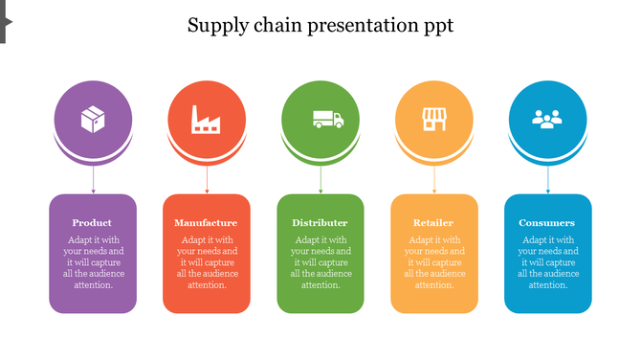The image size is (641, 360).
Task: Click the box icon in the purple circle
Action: coord(93,119)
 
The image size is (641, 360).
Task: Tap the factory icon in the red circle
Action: coord(207,119)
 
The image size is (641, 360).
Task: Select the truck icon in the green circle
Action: coord(327,119)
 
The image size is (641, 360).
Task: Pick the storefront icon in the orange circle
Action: coord(434,119)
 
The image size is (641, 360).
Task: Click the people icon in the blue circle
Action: coord(547,119)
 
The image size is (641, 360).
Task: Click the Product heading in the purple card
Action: coord(92,223)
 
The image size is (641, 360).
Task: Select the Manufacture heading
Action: coord(206,223)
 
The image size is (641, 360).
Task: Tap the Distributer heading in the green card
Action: coord(320,223)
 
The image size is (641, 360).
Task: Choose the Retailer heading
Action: coord(433,223)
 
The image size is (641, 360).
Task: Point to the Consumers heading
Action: coord(547,223)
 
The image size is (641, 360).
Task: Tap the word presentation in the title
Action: coord(359,26)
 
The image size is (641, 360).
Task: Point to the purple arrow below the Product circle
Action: coord(93,179)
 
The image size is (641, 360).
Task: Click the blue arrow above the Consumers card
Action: coord(548,179)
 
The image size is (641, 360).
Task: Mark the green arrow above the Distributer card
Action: coord(320,179)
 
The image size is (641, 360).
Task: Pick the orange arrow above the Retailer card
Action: coord(434,179)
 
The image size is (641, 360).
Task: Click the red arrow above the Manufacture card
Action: coord(207,179)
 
